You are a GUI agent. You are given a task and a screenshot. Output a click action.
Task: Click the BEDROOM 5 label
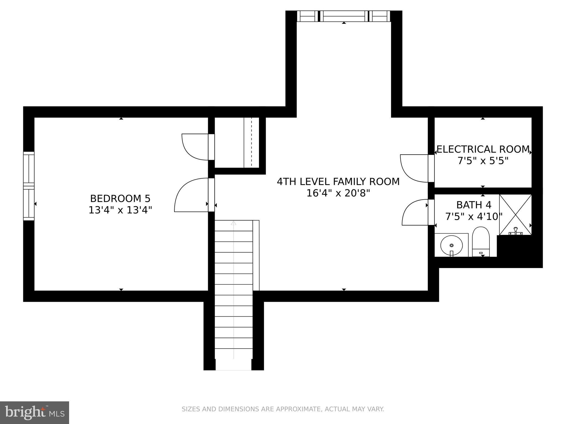120,198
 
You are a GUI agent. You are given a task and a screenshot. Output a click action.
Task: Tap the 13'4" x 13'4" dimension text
120,210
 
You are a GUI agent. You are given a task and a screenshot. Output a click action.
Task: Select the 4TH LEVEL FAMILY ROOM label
338,182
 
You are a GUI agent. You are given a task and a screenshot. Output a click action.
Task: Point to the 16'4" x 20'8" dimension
338,193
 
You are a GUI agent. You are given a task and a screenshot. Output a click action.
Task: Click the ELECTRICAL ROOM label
483,149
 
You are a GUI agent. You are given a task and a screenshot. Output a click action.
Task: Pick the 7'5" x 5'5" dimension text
483,161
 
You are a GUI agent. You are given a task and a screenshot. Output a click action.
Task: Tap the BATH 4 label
474,205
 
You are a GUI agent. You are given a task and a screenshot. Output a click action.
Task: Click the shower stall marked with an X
515,215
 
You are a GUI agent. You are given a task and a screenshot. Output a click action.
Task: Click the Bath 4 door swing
415,213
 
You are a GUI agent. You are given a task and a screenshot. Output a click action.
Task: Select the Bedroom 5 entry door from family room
191,195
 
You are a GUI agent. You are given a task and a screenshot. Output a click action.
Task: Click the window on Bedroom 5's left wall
29,186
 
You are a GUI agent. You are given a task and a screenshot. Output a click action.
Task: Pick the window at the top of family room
344,16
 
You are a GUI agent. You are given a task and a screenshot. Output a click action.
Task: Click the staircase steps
234,290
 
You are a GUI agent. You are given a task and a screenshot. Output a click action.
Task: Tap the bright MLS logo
35,413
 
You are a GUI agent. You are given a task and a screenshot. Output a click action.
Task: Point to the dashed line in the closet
251,142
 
